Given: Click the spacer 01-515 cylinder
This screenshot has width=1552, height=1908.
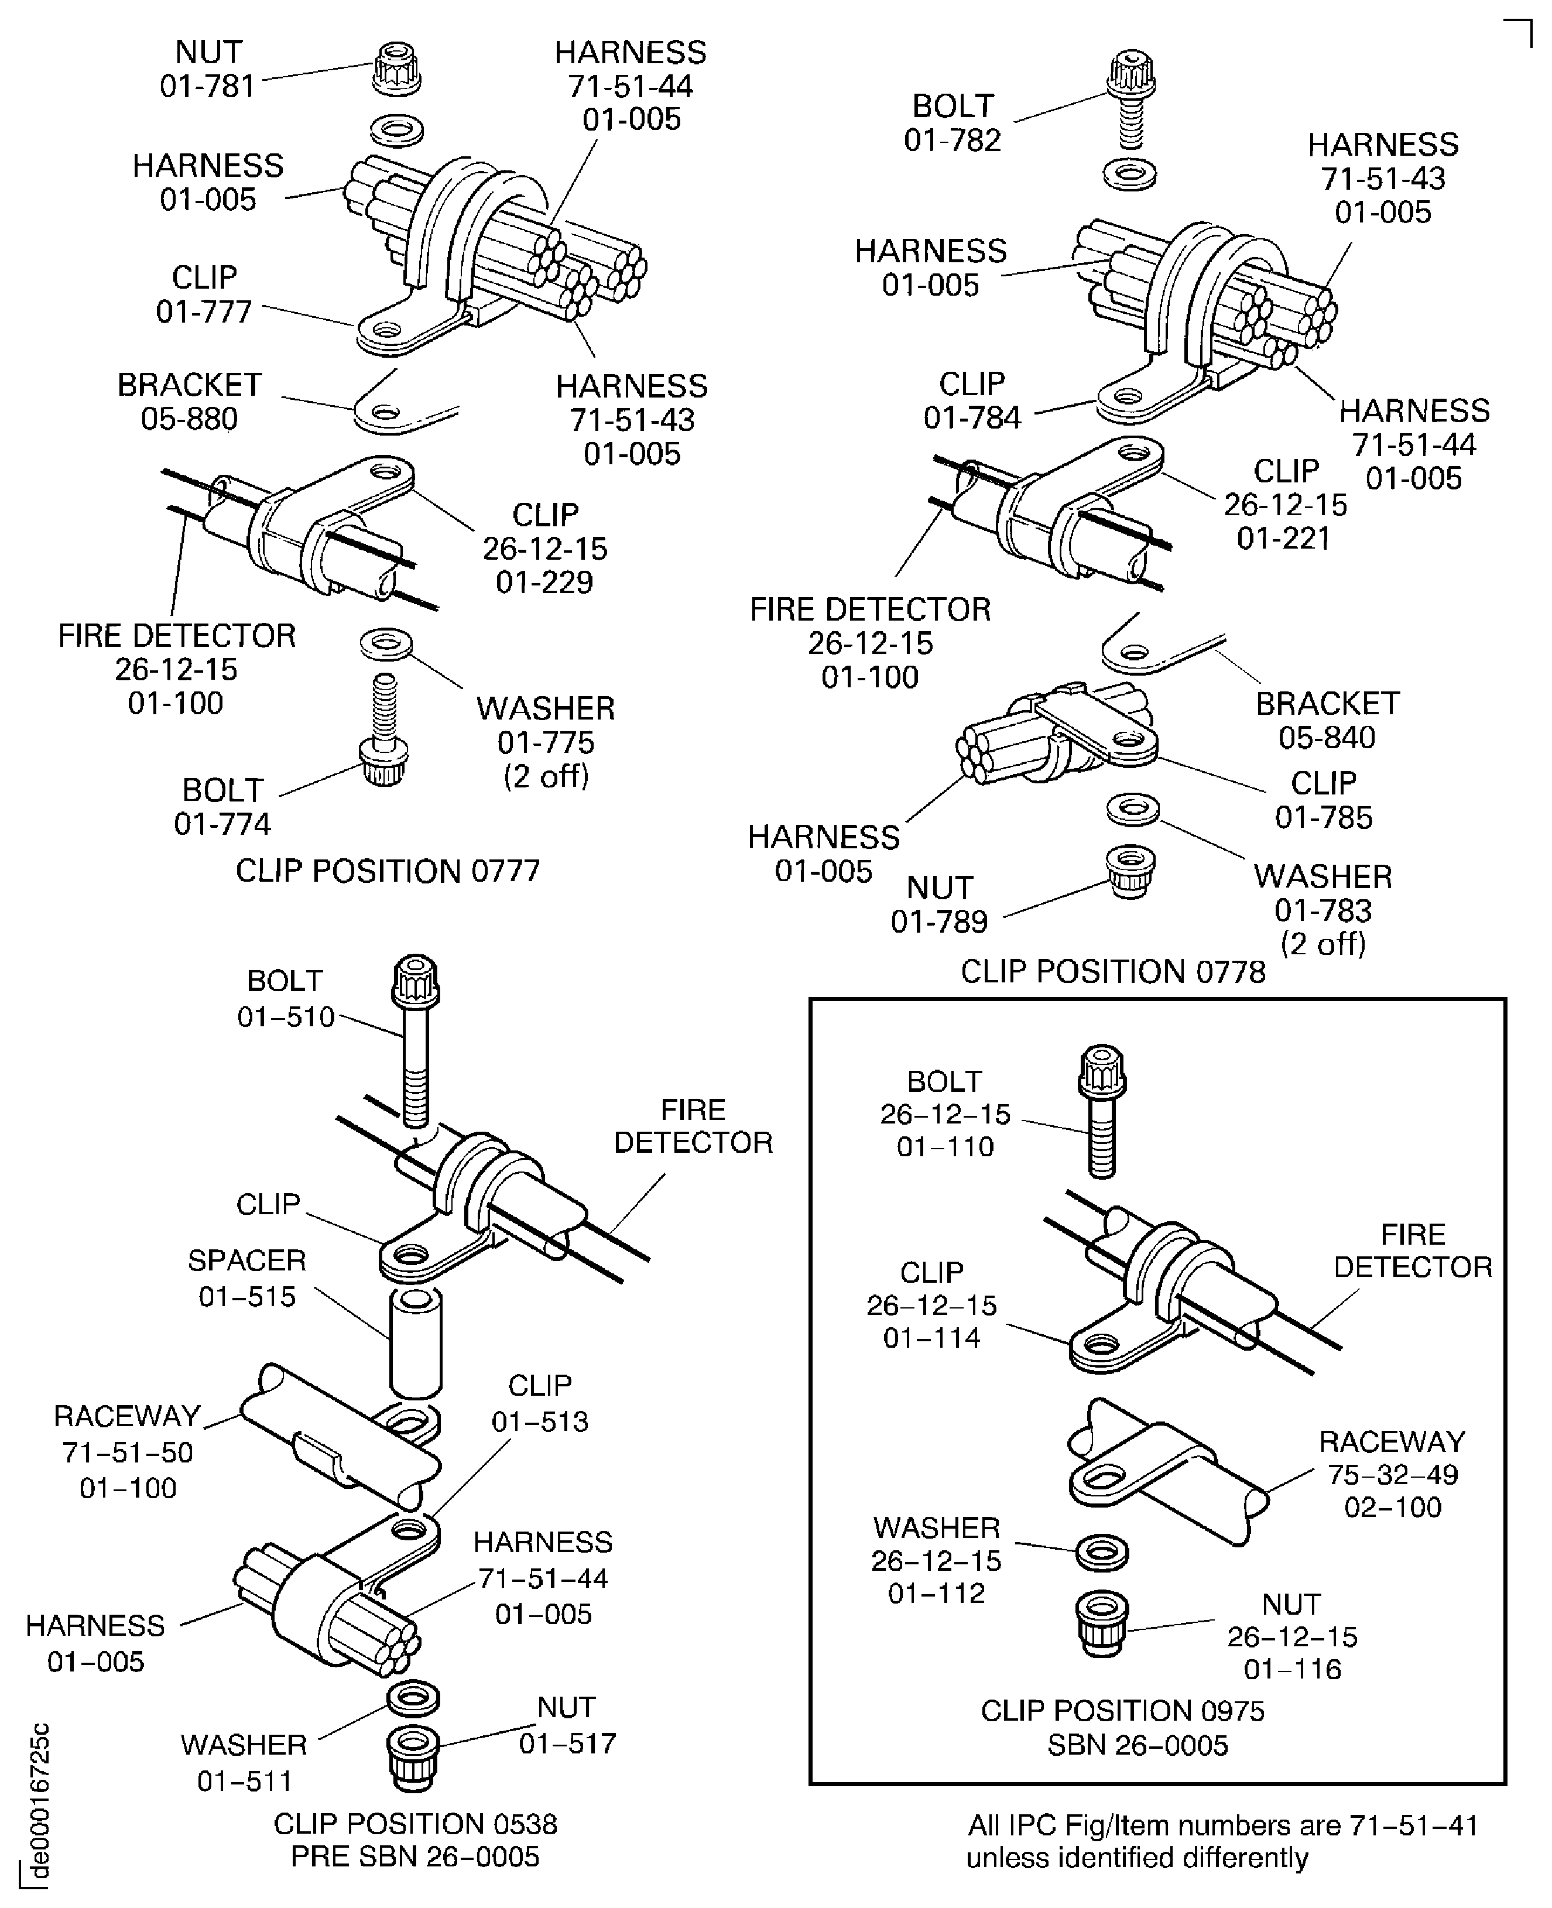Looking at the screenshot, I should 416,1342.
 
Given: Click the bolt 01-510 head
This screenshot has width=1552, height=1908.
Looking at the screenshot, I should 416,979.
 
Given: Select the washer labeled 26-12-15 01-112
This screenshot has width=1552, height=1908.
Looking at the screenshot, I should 1101,1552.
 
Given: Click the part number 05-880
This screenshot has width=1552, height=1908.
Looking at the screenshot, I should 190,419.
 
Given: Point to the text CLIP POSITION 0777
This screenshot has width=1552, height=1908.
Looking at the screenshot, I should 387,870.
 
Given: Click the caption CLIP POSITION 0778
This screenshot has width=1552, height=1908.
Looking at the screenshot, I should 1112,971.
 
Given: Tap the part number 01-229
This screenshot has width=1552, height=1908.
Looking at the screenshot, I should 544,582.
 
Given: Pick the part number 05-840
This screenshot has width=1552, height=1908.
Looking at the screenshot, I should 1326,738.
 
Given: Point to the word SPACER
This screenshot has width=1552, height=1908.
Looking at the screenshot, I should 246,1260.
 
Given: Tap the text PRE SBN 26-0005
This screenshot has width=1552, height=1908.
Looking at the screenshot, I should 415,1856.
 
